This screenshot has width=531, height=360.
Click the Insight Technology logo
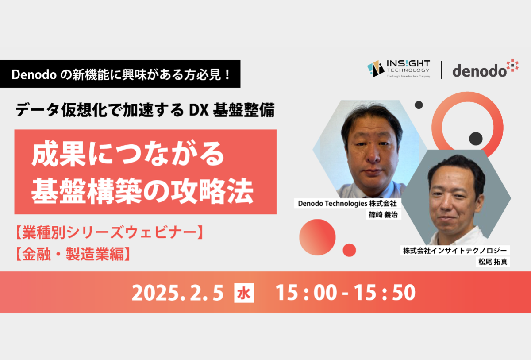399,69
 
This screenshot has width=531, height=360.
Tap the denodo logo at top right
485,68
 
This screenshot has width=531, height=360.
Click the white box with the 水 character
244,293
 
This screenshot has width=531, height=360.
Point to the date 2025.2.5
177,293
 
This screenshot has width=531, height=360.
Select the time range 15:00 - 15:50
346,293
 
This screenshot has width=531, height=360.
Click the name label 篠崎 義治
383,215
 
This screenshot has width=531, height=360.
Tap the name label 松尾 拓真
493,262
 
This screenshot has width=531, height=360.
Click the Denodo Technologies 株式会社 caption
347,204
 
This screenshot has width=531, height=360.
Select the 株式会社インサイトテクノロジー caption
455,251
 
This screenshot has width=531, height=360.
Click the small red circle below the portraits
349,250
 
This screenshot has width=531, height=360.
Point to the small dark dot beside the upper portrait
419,105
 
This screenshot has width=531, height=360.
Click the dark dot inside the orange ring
476,139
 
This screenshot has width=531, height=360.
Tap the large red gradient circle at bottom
317,237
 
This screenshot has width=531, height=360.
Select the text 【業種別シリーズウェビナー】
110,232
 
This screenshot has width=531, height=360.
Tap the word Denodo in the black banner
34,75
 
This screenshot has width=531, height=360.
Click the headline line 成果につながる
128,155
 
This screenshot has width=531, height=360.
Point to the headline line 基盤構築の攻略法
142,191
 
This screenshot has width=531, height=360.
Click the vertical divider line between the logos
441,70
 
